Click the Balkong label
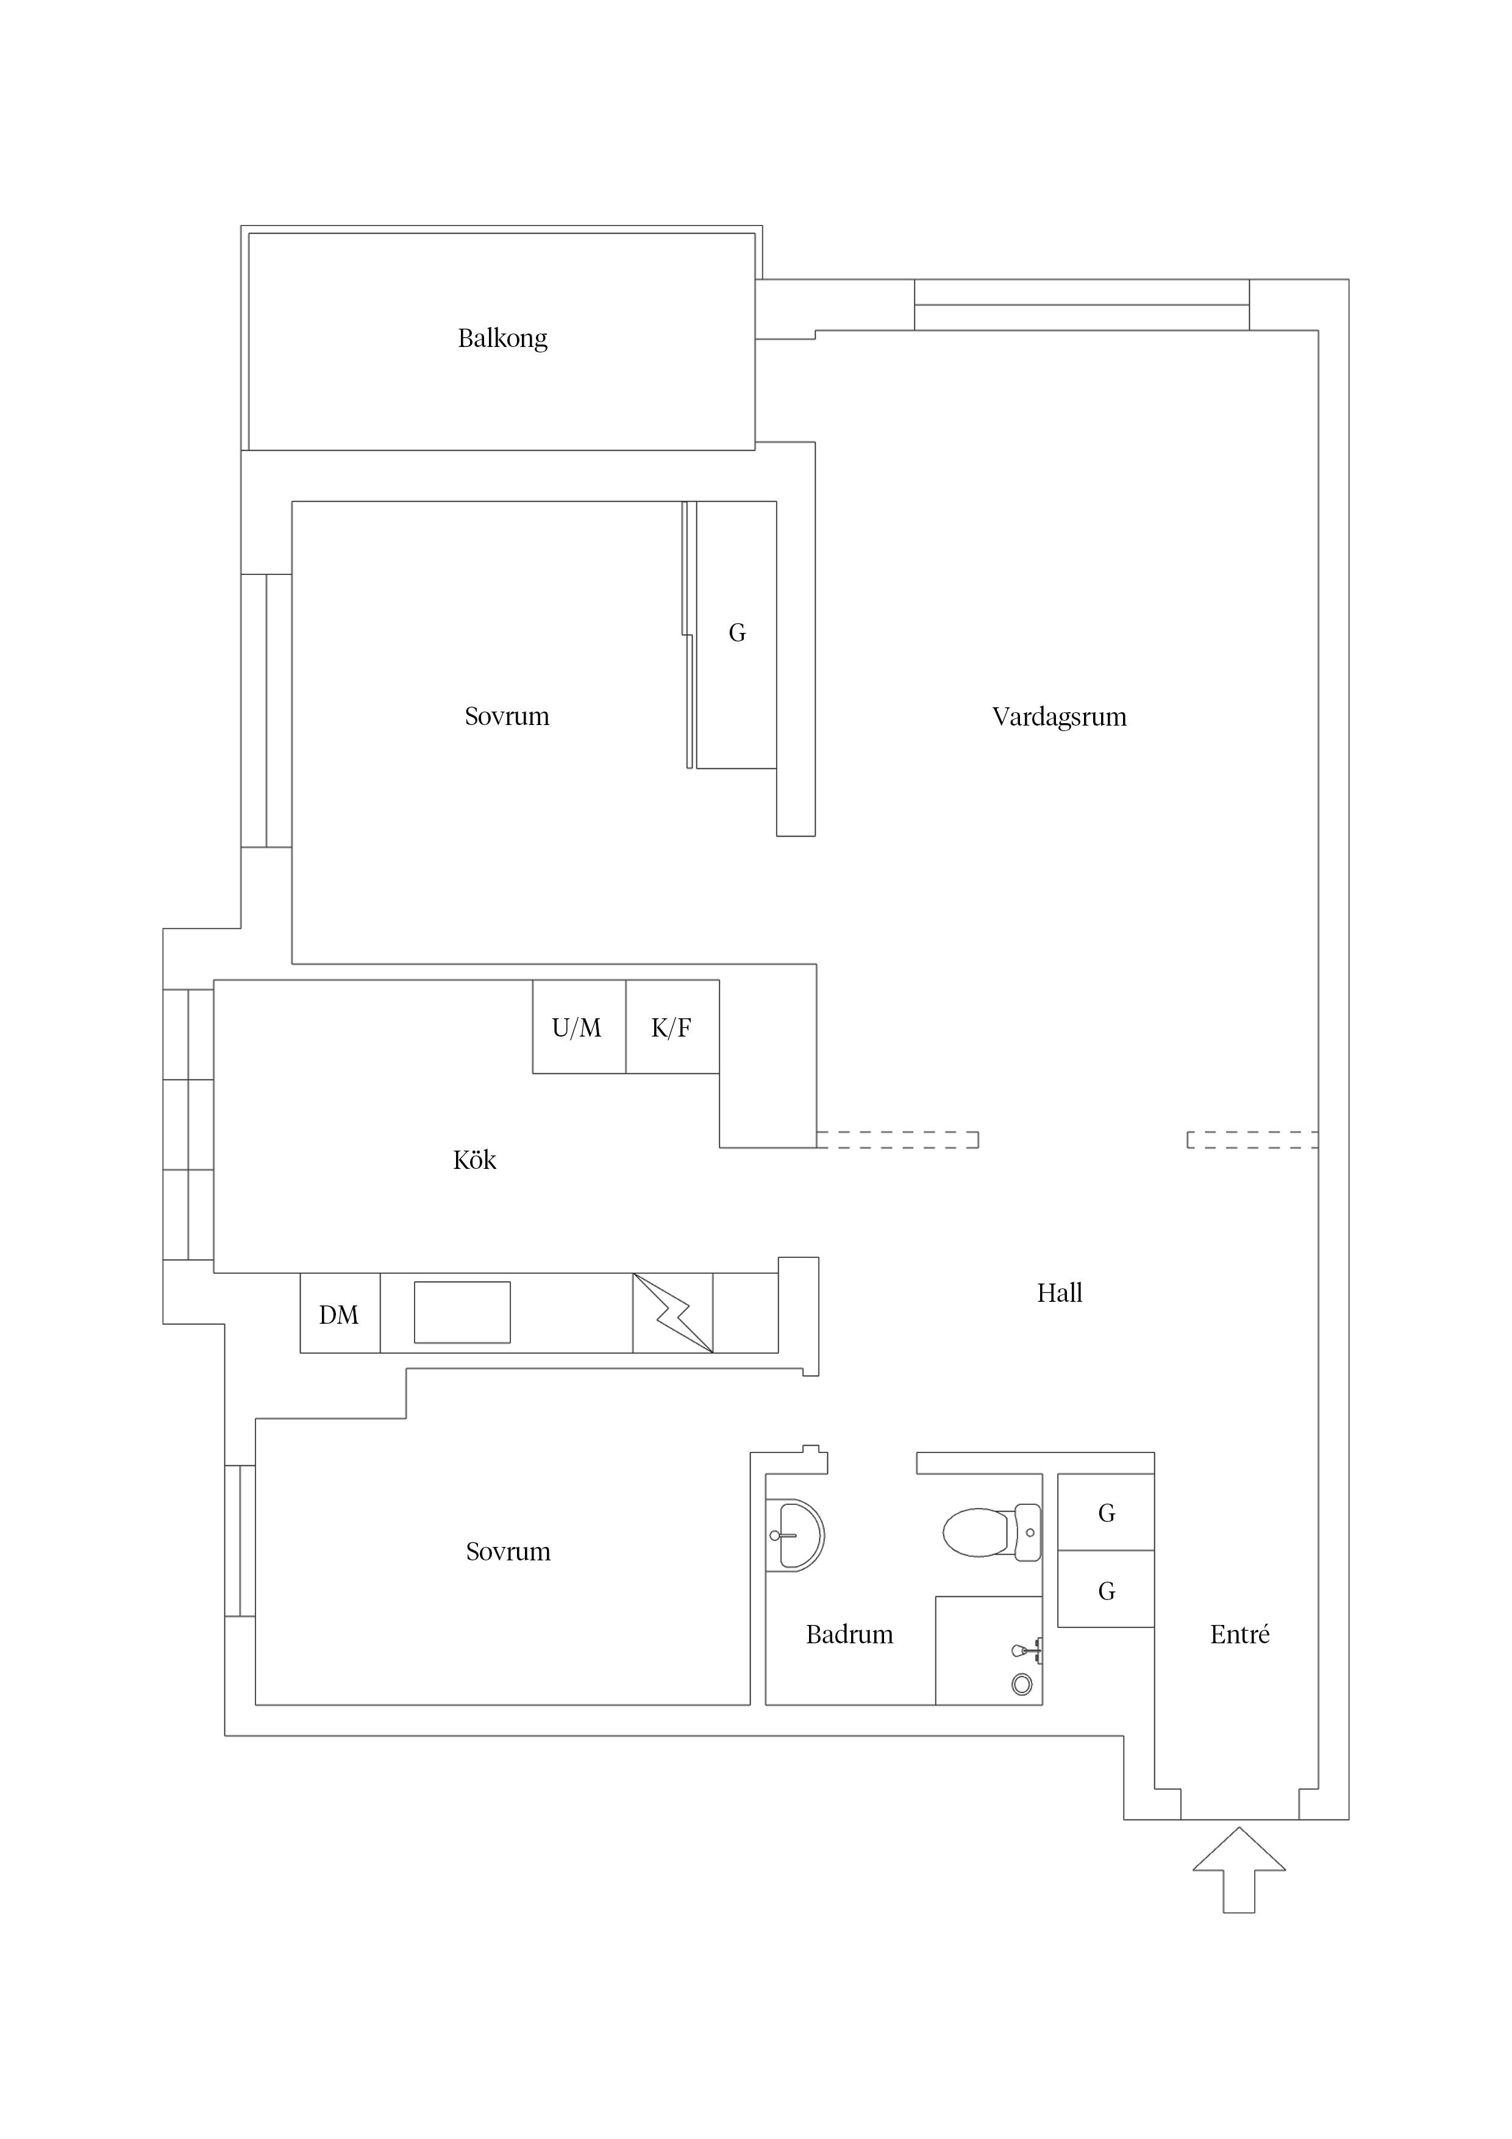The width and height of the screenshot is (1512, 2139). point(502,338)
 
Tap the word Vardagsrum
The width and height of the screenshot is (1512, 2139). point(1059,717)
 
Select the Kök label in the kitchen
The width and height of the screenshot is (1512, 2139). point(474,1160)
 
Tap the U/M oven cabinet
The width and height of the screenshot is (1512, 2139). point(579,1027)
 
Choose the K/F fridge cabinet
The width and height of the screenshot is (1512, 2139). point(672,1027)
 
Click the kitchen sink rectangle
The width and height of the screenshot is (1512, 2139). point(462,1313)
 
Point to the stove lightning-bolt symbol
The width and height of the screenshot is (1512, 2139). point(672,1313)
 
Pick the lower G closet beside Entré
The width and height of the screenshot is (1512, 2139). point(1106,1590)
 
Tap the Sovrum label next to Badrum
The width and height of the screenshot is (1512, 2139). point(508,1552)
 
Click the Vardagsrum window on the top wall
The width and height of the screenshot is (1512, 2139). point(1082,305)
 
